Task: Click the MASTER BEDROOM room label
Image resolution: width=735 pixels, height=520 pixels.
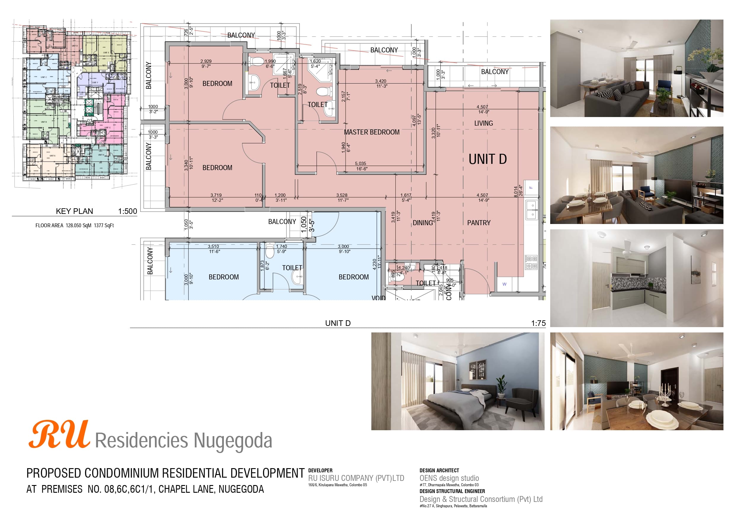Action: point(371,132)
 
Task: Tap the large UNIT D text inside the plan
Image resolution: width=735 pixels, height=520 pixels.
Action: point(487,159)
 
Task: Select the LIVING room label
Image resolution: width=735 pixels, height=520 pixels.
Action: point(483,123)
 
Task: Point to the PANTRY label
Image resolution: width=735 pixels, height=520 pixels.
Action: point(479,223)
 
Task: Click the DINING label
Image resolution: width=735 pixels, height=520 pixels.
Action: point(423,223)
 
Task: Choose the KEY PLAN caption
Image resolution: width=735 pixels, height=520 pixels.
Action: point(74,211)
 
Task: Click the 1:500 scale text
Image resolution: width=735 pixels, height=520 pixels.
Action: point(127,211)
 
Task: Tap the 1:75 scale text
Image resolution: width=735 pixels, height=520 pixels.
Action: point(538,323)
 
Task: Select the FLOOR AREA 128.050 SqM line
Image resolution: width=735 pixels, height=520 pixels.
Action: point(74,225)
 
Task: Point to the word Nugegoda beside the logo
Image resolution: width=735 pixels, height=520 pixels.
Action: point(233,441)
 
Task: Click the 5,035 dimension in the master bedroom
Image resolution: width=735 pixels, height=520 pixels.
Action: point(360,163)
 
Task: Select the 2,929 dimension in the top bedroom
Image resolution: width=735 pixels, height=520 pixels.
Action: point(206,61)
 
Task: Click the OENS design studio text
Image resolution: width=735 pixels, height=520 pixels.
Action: point(449,478)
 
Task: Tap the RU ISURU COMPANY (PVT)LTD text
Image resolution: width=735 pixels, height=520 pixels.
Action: point(356,478)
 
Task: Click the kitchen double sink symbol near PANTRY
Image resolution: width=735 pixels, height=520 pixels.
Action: point(532,209)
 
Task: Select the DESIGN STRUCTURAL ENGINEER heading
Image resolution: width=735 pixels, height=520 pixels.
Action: point(452,491)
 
